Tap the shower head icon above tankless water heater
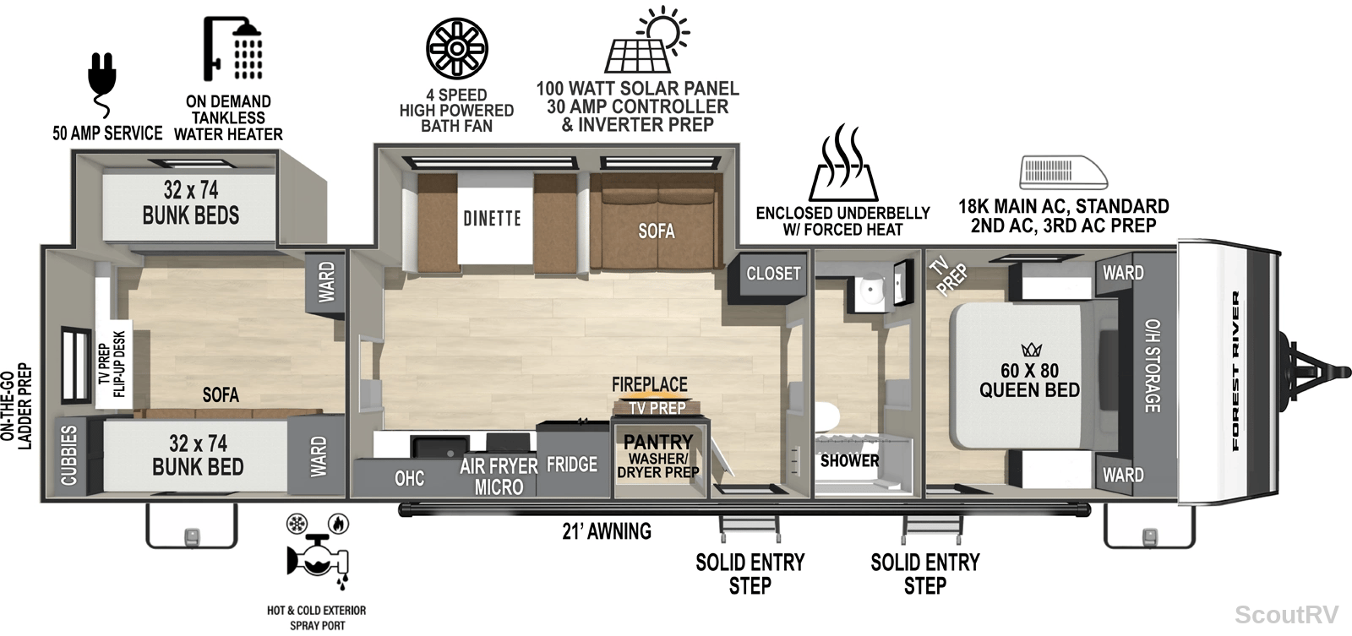pyautogui.click(x=233, y=48)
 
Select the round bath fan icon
pyautogui.click(x=457, y=48)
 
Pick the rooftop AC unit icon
pyautogui.click(x=1064, y=172)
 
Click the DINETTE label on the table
pyautogui.click(x=492, y=218)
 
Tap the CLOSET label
pyautogui.click(x=773, y=274)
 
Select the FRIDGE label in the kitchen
pyautogui.click(x=571, y=464)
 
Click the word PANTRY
pyautogui.click(x=658, y=442)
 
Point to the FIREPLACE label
pyautogui.click(x=650, y=384)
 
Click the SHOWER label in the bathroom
pyautogui.click(x=849, y=460)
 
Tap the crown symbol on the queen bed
pyautogui.click(x=1032, y=350)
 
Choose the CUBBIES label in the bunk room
pyautogui.click(x=68, y=455)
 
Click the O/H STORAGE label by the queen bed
pyautogui.click(x=1153, y=366)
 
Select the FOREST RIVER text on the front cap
pyautogui.click(x=1235, y=371)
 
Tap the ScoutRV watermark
pyautogui.click(x=1286, y=614)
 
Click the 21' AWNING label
pyautogui.click(x=607, y=531)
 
